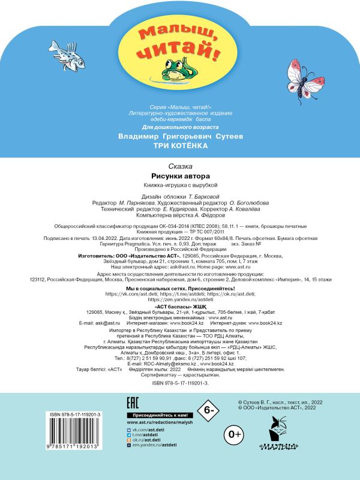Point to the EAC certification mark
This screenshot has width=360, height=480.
pos(136,402)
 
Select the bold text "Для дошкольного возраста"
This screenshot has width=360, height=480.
pos(179,127)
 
